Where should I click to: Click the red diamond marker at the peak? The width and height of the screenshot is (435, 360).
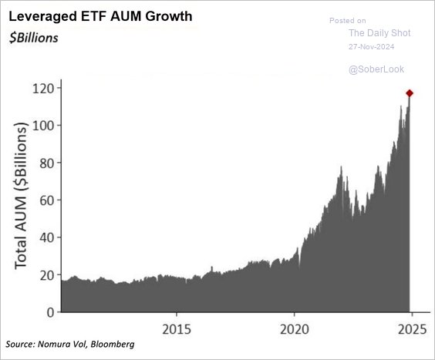coord(410,93)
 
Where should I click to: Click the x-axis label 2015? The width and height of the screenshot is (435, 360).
coord(177,328)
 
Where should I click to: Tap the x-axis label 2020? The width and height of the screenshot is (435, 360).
coord(293,328)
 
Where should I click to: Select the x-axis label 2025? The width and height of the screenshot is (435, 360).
coord(410,328)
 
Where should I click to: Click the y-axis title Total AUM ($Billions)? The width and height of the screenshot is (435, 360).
coord(21,196)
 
